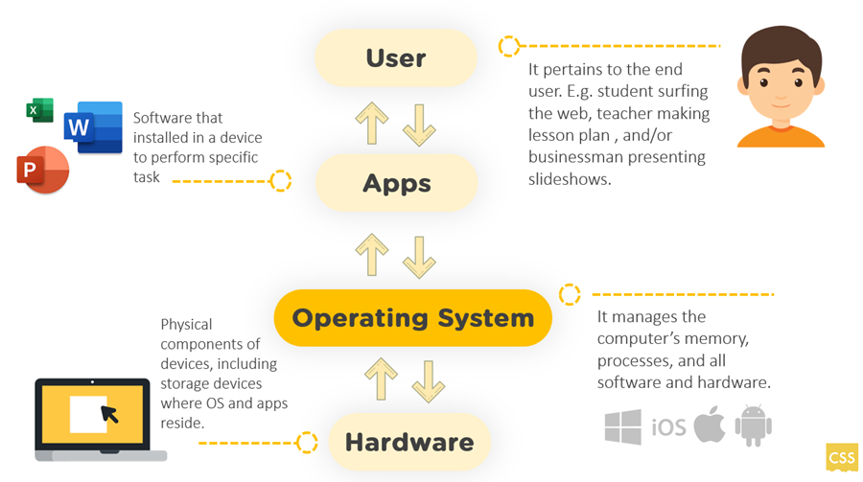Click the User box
(x=396, y=57)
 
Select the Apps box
(x=396, y=183)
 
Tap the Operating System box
(x=412, y=317)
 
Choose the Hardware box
(x=408, y=442)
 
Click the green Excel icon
(x=39, y=110)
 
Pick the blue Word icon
(x=93, y=127)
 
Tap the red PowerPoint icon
(x=42, y=171)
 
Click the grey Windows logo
(x=622, y=426)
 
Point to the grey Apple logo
(x=710, y=425)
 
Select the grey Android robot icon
(x=753, y=425)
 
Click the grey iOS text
(x=668, y=427)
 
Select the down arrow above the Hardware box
(x=428, y=379)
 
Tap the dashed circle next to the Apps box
(x=280, y=180)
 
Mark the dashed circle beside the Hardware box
(x=307, y=442)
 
